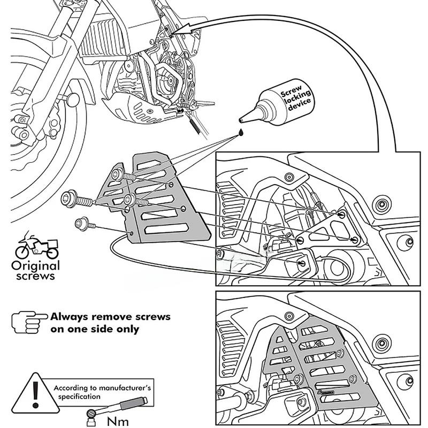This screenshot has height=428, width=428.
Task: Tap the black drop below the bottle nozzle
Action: coord(241,131)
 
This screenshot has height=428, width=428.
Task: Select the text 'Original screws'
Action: coord(36,271)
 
